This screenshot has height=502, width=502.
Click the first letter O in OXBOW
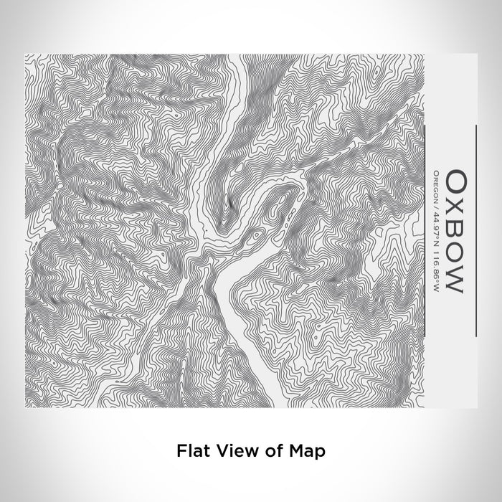[455, 179]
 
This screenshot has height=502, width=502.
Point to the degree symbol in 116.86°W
[438, 269]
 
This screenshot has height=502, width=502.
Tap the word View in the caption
[232, 451]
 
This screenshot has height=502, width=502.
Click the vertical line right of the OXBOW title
[475, 230]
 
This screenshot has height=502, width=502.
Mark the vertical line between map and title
[427, 230]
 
